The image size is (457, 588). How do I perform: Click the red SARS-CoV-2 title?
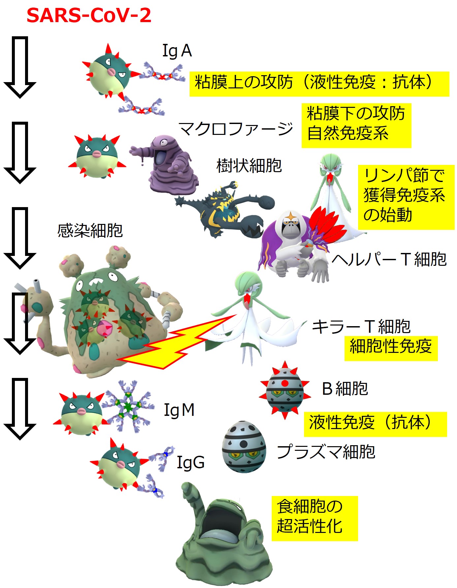pyautogui.click(x=89, y=15)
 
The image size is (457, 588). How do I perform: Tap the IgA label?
pyautogui.click(x=177, y=51)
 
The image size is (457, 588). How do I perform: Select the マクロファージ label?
pyautogui.click(x=235, y=129)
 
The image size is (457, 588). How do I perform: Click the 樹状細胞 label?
pyautogui.click(x=249, y=166)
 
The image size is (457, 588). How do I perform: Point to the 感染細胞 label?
pyautogui.click(x=90, y=231)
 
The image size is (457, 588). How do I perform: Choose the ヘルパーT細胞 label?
pyautogui.click(x=389, y=259)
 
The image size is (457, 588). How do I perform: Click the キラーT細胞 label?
pyautogui.click(x=361, y=326)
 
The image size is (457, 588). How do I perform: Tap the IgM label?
pyautogui.click(x=179, y=410)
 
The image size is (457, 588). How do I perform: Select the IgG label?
pyautogui.click(x=191, y=462)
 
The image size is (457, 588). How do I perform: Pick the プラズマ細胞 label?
pyautogui.click(x=326, y=451)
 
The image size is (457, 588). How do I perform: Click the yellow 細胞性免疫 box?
pyautogui.click(x=391, y=348)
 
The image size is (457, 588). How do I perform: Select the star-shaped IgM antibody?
pyautogui.click(x=128, y=406)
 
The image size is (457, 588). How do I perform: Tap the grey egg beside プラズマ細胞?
pyautogui.click(x=244, y=447)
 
